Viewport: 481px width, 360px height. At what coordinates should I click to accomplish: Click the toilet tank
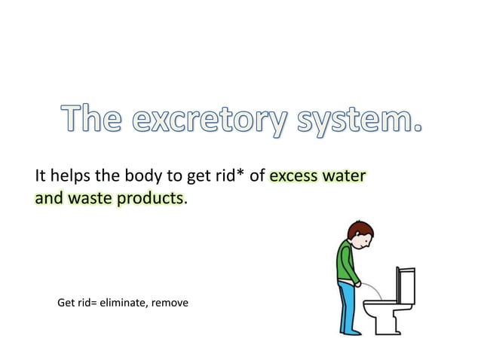click(405, 289)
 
